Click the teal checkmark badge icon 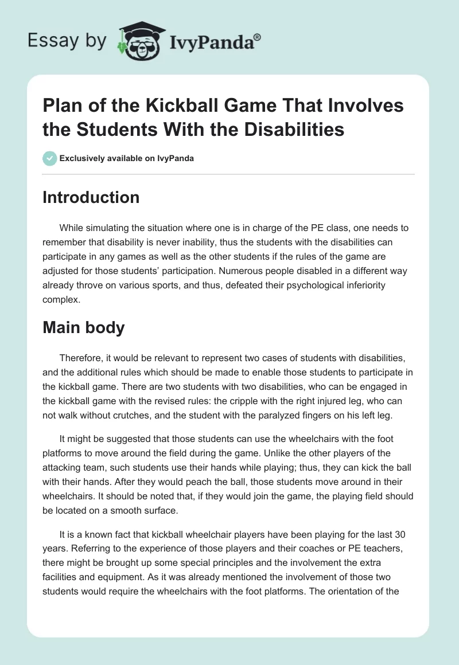pos(49,158)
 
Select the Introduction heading pos(91,197)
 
